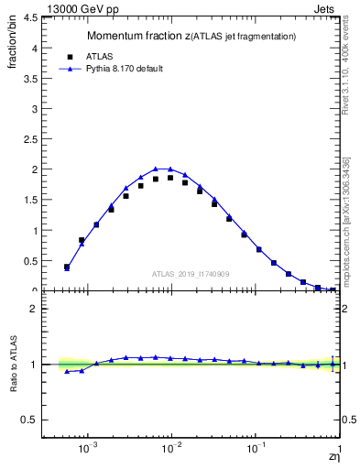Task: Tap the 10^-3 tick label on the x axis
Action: click(x=88, y=451)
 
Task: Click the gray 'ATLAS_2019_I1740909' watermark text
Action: click(x=191, y=274)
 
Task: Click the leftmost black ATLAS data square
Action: click(x=67, y=267)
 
